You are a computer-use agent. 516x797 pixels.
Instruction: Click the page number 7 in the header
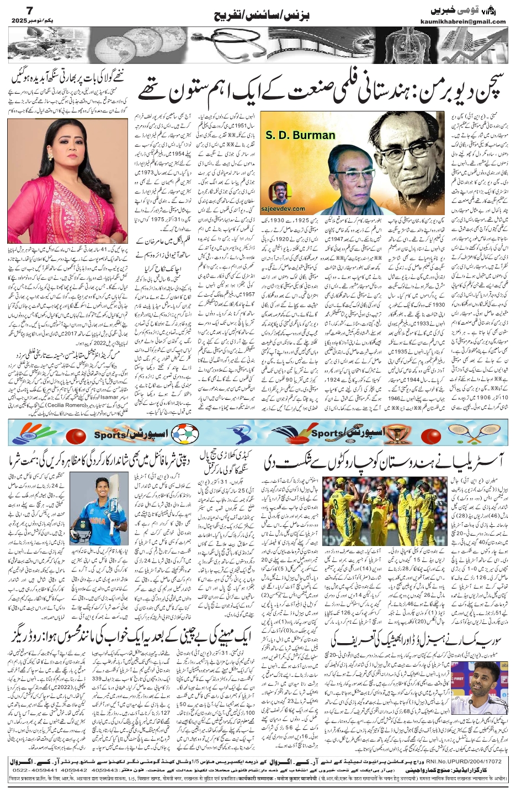pos(15,10)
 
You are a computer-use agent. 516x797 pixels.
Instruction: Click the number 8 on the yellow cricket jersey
pos(336,505)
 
